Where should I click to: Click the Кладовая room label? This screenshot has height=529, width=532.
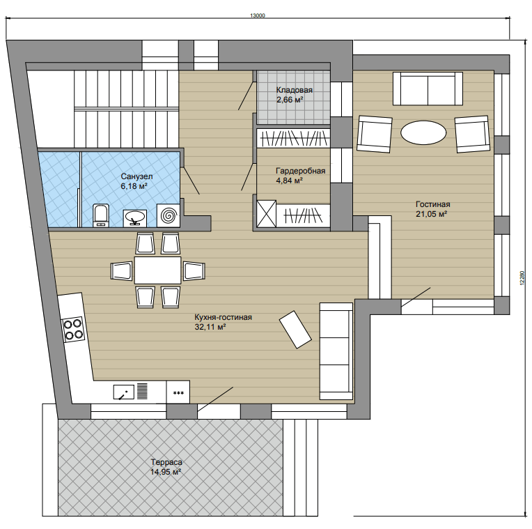[x=294, y=91]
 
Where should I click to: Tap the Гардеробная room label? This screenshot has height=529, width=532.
[x=301, y=171]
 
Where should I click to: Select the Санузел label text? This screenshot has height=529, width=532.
[x=136, y=176]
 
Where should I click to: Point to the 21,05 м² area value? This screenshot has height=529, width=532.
[x=431, y=214]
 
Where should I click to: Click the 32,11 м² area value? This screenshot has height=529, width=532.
[x=210, y=327]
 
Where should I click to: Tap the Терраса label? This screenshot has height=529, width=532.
[x=166, y=462]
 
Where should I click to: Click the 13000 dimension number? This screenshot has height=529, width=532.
[x=258, y=15]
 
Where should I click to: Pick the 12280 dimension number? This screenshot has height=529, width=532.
[x=522, y=277]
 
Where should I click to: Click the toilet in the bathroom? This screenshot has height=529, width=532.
[x=101, y=215]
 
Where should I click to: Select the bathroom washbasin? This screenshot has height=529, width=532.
[x=135, y=218]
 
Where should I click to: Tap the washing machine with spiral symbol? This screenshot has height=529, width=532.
[x=169, y=215]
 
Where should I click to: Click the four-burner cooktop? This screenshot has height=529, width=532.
[x=73, y=330]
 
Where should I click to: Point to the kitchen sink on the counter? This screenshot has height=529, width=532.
[x=124, y=392]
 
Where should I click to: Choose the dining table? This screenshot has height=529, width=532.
[x=158, y=270]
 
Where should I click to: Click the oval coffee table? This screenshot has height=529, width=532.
[x=423, y=132]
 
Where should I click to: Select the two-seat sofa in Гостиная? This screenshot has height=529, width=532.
[x=428, y=89]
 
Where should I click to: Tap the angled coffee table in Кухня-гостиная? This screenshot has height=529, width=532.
[x=295, y=330]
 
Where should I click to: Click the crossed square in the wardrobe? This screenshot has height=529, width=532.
[x=266, y=214]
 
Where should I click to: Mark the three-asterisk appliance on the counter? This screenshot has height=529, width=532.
[x=178, y=392]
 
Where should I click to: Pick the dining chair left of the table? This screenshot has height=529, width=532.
[x=121, y=271]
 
